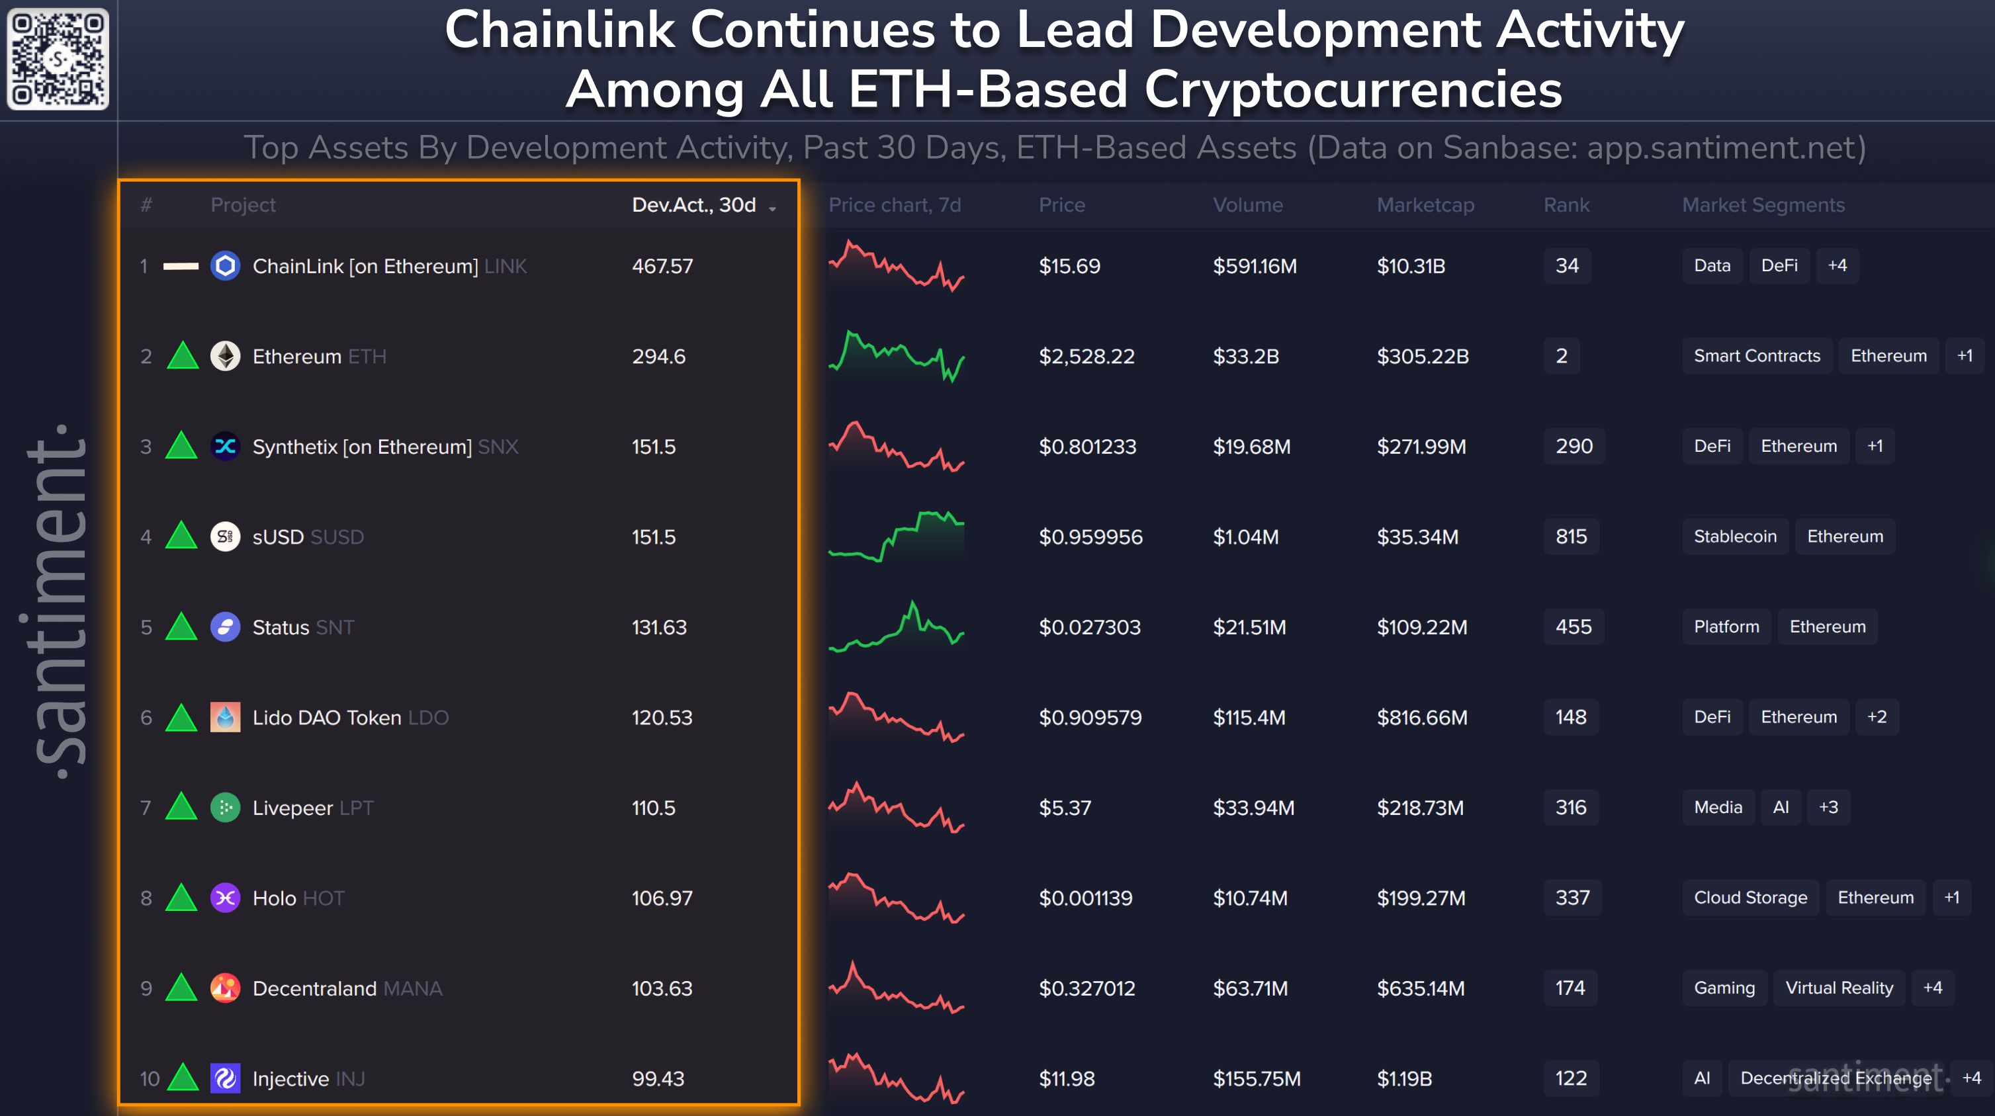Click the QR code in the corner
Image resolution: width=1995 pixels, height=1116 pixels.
click(x=58, y=59)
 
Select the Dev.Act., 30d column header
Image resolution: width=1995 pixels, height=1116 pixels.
click(x=694, y=204)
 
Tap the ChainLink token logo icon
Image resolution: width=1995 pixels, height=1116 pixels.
click(x=226, y=266)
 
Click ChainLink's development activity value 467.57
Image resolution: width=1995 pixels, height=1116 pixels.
click(x=662, y=266)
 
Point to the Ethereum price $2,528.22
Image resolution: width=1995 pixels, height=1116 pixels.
click(x=1086, y=357)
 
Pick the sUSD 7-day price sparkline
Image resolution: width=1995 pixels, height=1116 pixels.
click(x=896, y=536)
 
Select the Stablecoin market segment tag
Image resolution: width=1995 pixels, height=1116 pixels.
click(x=1735, y=536)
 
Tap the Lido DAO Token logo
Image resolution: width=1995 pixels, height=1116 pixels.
click(x=226, y=717)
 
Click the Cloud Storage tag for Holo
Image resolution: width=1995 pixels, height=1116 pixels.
click(x=1750, y=898)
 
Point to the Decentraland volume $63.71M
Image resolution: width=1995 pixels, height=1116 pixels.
click(x=1250, y=988)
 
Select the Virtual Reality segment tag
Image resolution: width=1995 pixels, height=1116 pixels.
click(x=1839, y=988)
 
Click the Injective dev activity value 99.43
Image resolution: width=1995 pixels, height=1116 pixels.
click(x=658, y=1078)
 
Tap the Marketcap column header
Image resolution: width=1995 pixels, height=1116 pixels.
click(x=1425, y=204)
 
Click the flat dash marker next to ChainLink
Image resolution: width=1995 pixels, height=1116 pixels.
click(x=181, y=266)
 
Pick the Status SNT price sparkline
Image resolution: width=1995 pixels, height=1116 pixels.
click(x=896, y=626)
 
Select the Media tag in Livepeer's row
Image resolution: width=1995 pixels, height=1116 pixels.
click(x=1718, y=807)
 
